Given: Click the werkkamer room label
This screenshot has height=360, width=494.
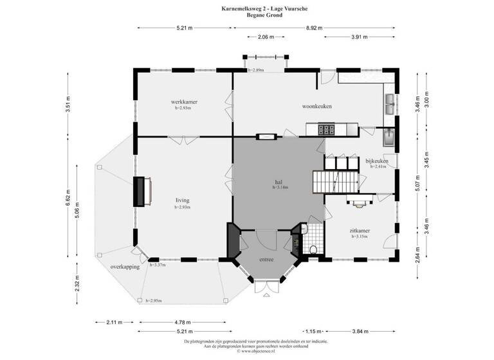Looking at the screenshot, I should click(x=184, y=102).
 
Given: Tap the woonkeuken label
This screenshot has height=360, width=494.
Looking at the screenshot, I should click(x=318, y=106).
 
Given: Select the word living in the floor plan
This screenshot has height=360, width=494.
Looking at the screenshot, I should click(x=183, y=201).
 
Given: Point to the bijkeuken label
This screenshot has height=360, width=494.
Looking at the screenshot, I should click(x=376, y=161).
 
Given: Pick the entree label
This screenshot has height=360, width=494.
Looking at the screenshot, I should click(x=266, y=260).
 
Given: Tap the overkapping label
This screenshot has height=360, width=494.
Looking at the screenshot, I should click(x=125, y=266).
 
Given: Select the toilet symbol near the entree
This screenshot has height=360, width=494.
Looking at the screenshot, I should click(x=313, y=249).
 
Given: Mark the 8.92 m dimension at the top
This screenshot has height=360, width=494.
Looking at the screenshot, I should click(x=315, y=28).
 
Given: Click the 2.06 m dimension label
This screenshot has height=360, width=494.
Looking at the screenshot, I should click(x=258, y=37).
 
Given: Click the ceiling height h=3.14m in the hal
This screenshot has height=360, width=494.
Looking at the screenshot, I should click(x=280, y=188).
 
